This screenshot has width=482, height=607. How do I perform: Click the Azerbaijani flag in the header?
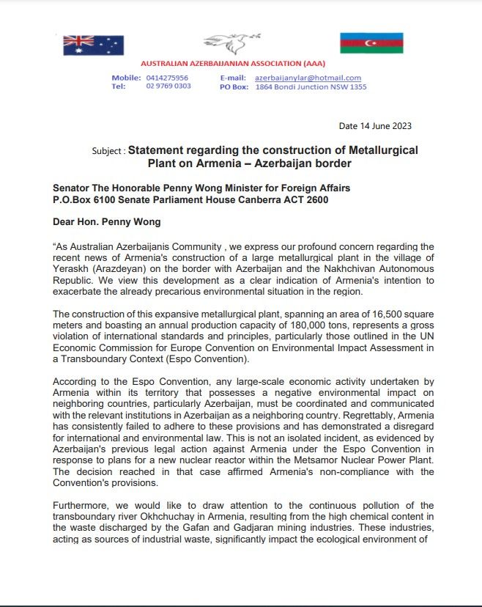tap(371, 43)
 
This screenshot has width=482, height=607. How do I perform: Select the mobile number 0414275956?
tap(168, 78)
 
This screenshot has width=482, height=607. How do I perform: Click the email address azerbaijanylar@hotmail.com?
tap(308, 78)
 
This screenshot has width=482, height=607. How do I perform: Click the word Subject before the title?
tap(107, 151)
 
